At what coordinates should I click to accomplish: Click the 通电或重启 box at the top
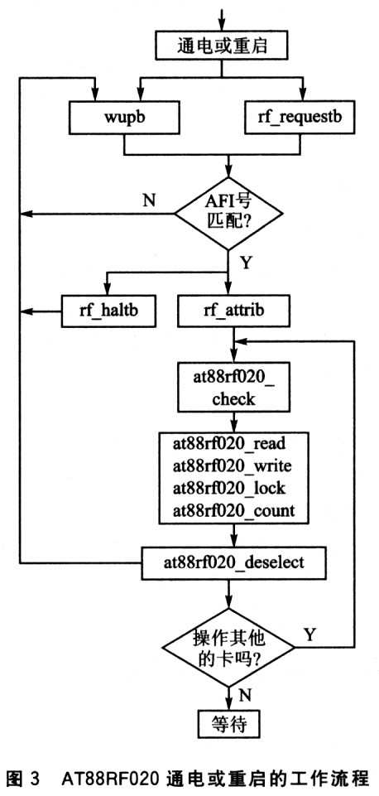tap(223, 47)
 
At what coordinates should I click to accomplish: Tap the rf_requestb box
tap(297, 118)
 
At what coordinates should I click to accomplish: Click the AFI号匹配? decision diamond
tap(228, 214)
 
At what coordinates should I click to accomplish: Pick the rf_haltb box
tap(108, 311)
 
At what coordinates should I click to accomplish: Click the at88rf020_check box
tap(233, 386)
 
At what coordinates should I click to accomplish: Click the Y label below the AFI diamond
tap(245, 263)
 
